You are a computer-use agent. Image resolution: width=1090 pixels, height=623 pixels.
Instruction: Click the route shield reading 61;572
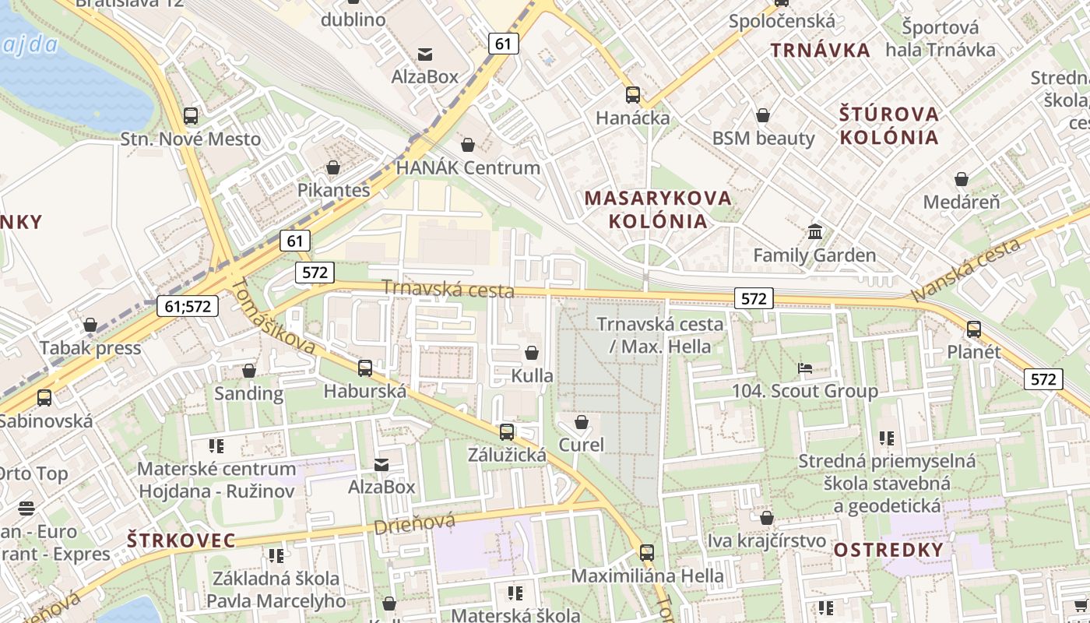tap(188, 306)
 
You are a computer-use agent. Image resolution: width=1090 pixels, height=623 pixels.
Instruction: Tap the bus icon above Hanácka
tap(633, 95)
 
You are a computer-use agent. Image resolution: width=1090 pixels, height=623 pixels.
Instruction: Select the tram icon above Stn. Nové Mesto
tap(191, 116)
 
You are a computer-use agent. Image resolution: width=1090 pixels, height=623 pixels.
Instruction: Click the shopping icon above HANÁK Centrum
tap(468, 145)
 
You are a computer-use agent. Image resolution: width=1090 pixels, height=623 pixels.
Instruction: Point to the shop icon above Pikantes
tap(333, 167)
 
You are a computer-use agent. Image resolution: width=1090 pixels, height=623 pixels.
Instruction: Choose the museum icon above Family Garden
tap(815, 232)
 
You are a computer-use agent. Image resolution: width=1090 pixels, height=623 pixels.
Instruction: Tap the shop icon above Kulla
tap(532, 353)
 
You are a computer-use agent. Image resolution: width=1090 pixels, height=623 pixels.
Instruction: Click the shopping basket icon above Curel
tap(581, 422)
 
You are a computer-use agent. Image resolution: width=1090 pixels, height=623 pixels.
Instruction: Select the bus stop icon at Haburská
tap(365, 368)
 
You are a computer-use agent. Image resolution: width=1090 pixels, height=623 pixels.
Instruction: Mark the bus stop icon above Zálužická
tap(507, 431)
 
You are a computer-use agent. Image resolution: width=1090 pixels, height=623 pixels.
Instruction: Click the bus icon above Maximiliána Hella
tap(647, 553)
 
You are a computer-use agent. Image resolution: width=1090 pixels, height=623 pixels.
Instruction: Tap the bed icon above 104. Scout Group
tap(805, 368)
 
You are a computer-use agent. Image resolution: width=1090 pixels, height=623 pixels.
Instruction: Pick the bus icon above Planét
tap(973, 329)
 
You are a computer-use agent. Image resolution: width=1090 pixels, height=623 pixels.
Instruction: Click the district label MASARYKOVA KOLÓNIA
tap(658, 209)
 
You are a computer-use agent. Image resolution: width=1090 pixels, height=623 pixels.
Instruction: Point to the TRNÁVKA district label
tap(821, 51)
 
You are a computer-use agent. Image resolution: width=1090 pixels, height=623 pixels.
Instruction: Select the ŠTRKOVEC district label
tap(181, 540)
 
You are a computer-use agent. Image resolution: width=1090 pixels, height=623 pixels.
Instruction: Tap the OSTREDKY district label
tap(888, 550)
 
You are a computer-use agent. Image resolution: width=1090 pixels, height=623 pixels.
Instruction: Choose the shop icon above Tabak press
tap(90, 325)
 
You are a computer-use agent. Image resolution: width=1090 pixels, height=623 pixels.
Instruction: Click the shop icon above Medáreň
tap(962, 179)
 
